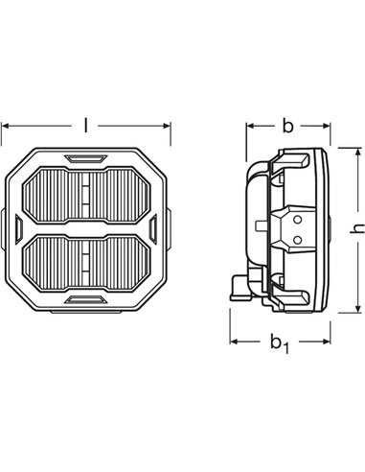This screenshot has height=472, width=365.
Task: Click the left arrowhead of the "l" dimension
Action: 6,126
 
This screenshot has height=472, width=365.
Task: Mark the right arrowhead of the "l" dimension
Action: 171,126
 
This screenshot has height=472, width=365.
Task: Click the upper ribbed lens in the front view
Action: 88,191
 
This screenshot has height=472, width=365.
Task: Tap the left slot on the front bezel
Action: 20,227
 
